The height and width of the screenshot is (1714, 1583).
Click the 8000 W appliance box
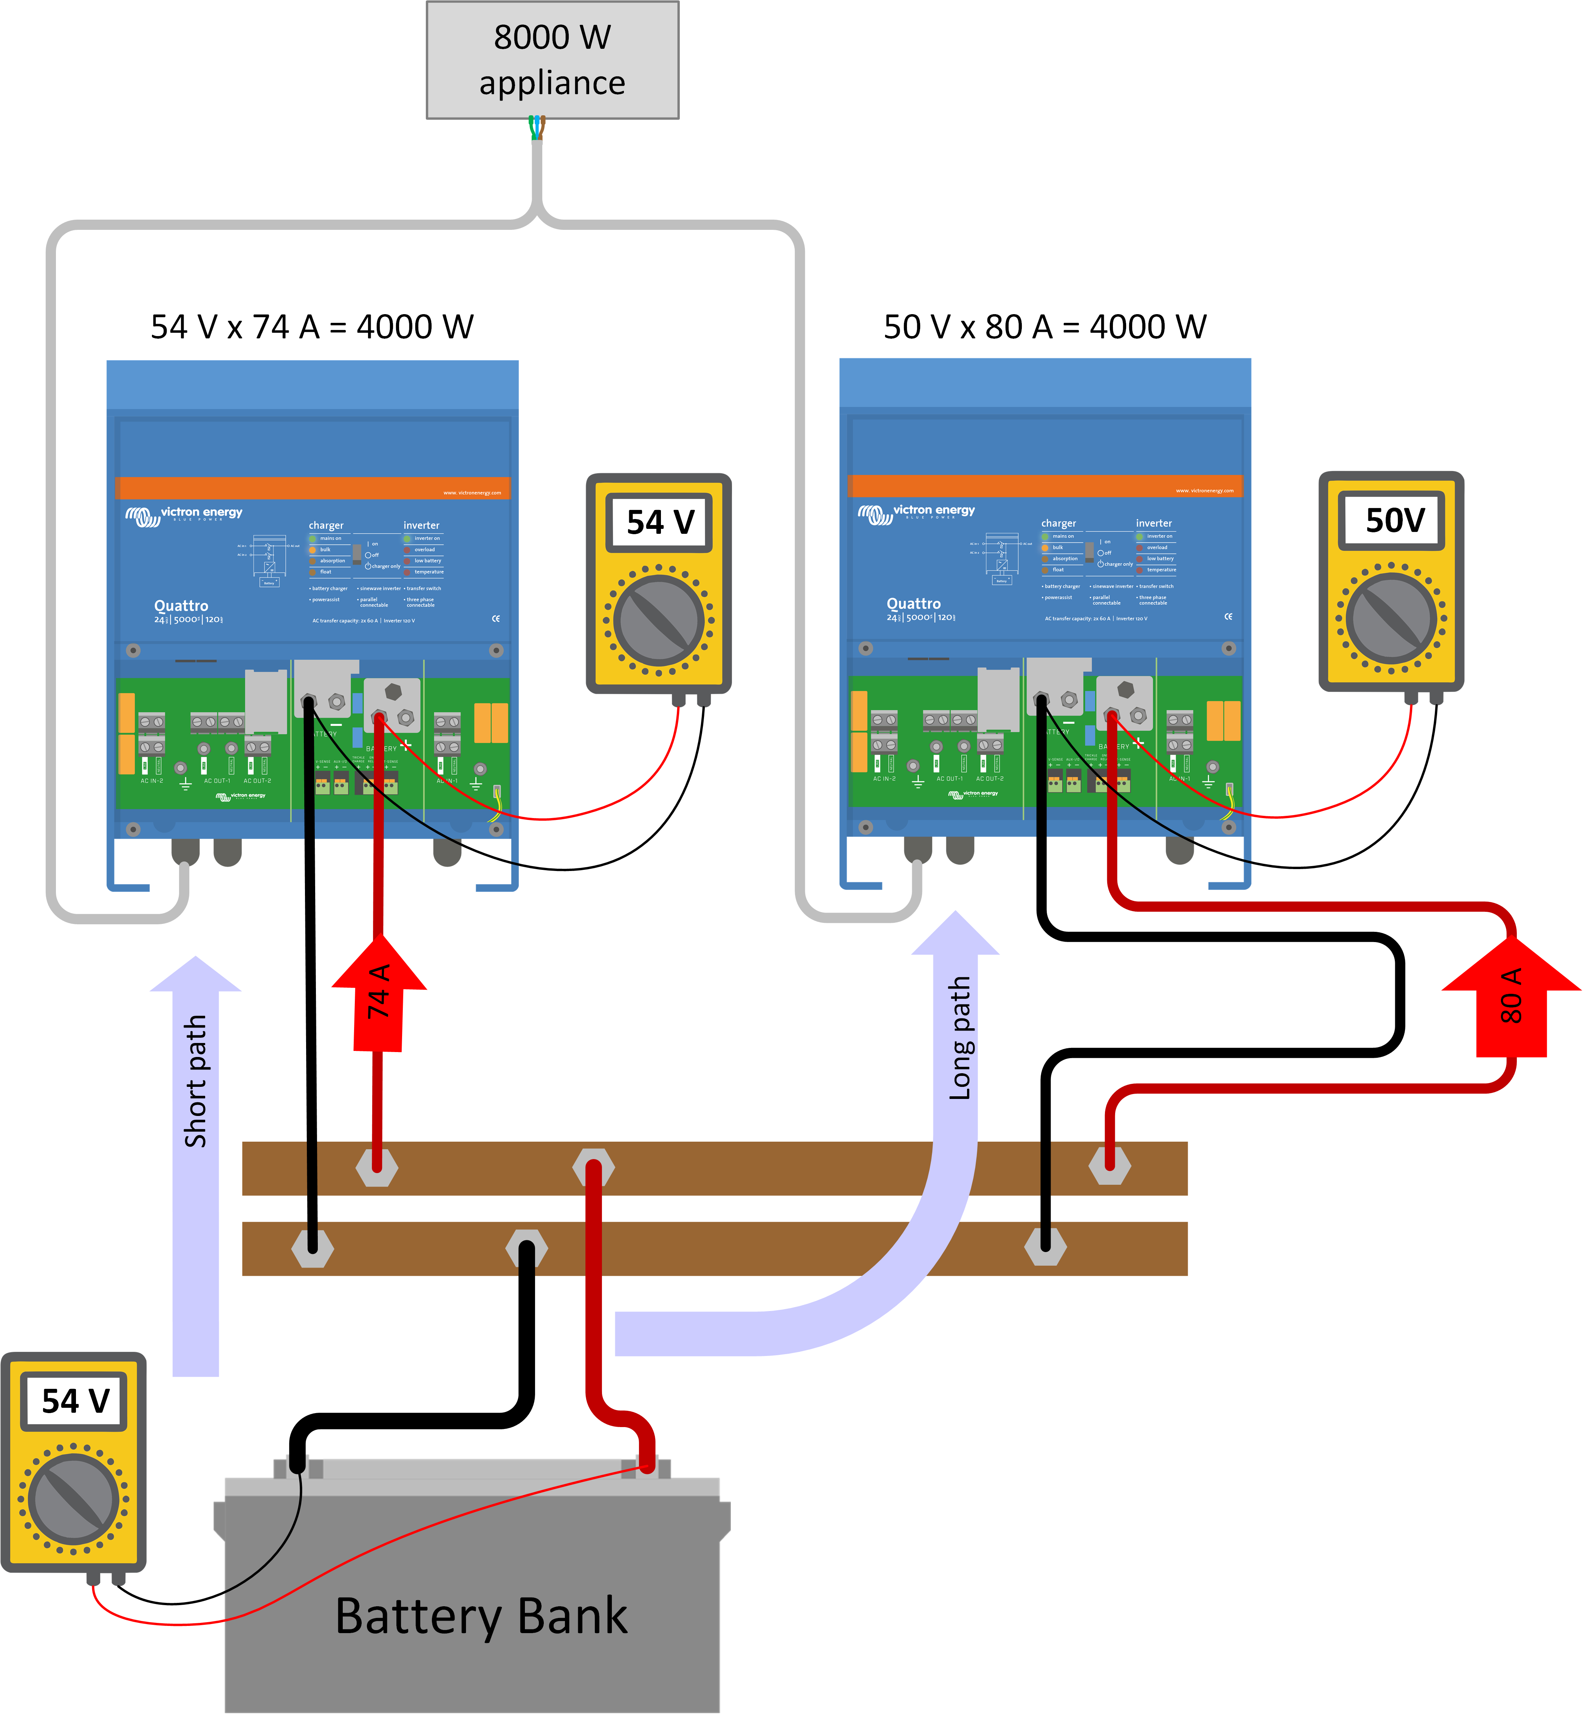[552, 60]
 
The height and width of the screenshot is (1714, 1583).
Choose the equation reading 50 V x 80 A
[1045, 327]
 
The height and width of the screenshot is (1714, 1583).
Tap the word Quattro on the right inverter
[913, 603]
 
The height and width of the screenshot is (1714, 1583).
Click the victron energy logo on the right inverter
[916, 513]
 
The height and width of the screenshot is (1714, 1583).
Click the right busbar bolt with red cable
[1109, 1165]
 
